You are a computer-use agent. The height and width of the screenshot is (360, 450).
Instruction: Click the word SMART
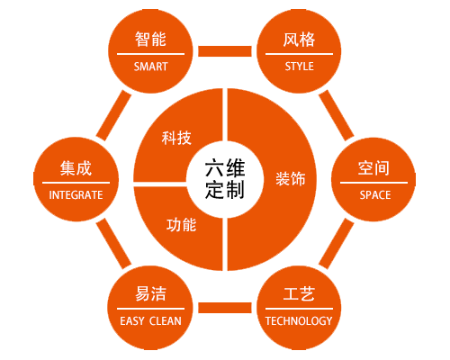pos(150,67)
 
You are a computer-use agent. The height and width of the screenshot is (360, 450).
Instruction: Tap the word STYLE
pos(300,67)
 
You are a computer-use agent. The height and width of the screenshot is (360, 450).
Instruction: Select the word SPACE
pos(375,195)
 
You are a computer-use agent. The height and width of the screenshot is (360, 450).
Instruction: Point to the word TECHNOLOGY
pos(299,321)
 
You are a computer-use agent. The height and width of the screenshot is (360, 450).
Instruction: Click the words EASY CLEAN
pos(150,321)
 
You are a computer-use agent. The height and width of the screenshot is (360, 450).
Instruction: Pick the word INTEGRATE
pos(76,195)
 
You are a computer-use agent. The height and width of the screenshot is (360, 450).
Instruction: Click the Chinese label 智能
pos(150,40)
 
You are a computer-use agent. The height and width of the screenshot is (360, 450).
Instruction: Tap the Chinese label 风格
pos(299,40)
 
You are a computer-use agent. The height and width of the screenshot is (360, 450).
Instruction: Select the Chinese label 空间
pos(373,168)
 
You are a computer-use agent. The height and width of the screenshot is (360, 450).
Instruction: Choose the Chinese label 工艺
pos(299,293)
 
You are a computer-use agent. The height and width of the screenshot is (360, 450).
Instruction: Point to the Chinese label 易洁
pos(150,293)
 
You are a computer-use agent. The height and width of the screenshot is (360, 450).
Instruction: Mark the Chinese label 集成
pos(76,168)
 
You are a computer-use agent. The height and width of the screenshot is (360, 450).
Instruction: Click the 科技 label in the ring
pos(176,138)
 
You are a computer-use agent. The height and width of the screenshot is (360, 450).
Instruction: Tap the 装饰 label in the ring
pos(291,179)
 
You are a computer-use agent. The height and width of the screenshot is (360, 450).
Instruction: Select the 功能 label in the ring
pos(181,225)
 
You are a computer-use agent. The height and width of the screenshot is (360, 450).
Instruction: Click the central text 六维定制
pos(225,179)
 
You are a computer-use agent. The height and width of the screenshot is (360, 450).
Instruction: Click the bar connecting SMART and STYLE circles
pos(225,51)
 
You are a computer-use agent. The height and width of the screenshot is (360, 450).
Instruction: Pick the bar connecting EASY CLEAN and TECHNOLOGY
pos(225,308)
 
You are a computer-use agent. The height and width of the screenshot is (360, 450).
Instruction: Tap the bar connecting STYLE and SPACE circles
pos(337,115)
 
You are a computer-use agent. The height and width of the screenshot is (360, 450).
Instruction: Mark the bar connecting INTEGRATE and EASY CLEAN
pos(113,244)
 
